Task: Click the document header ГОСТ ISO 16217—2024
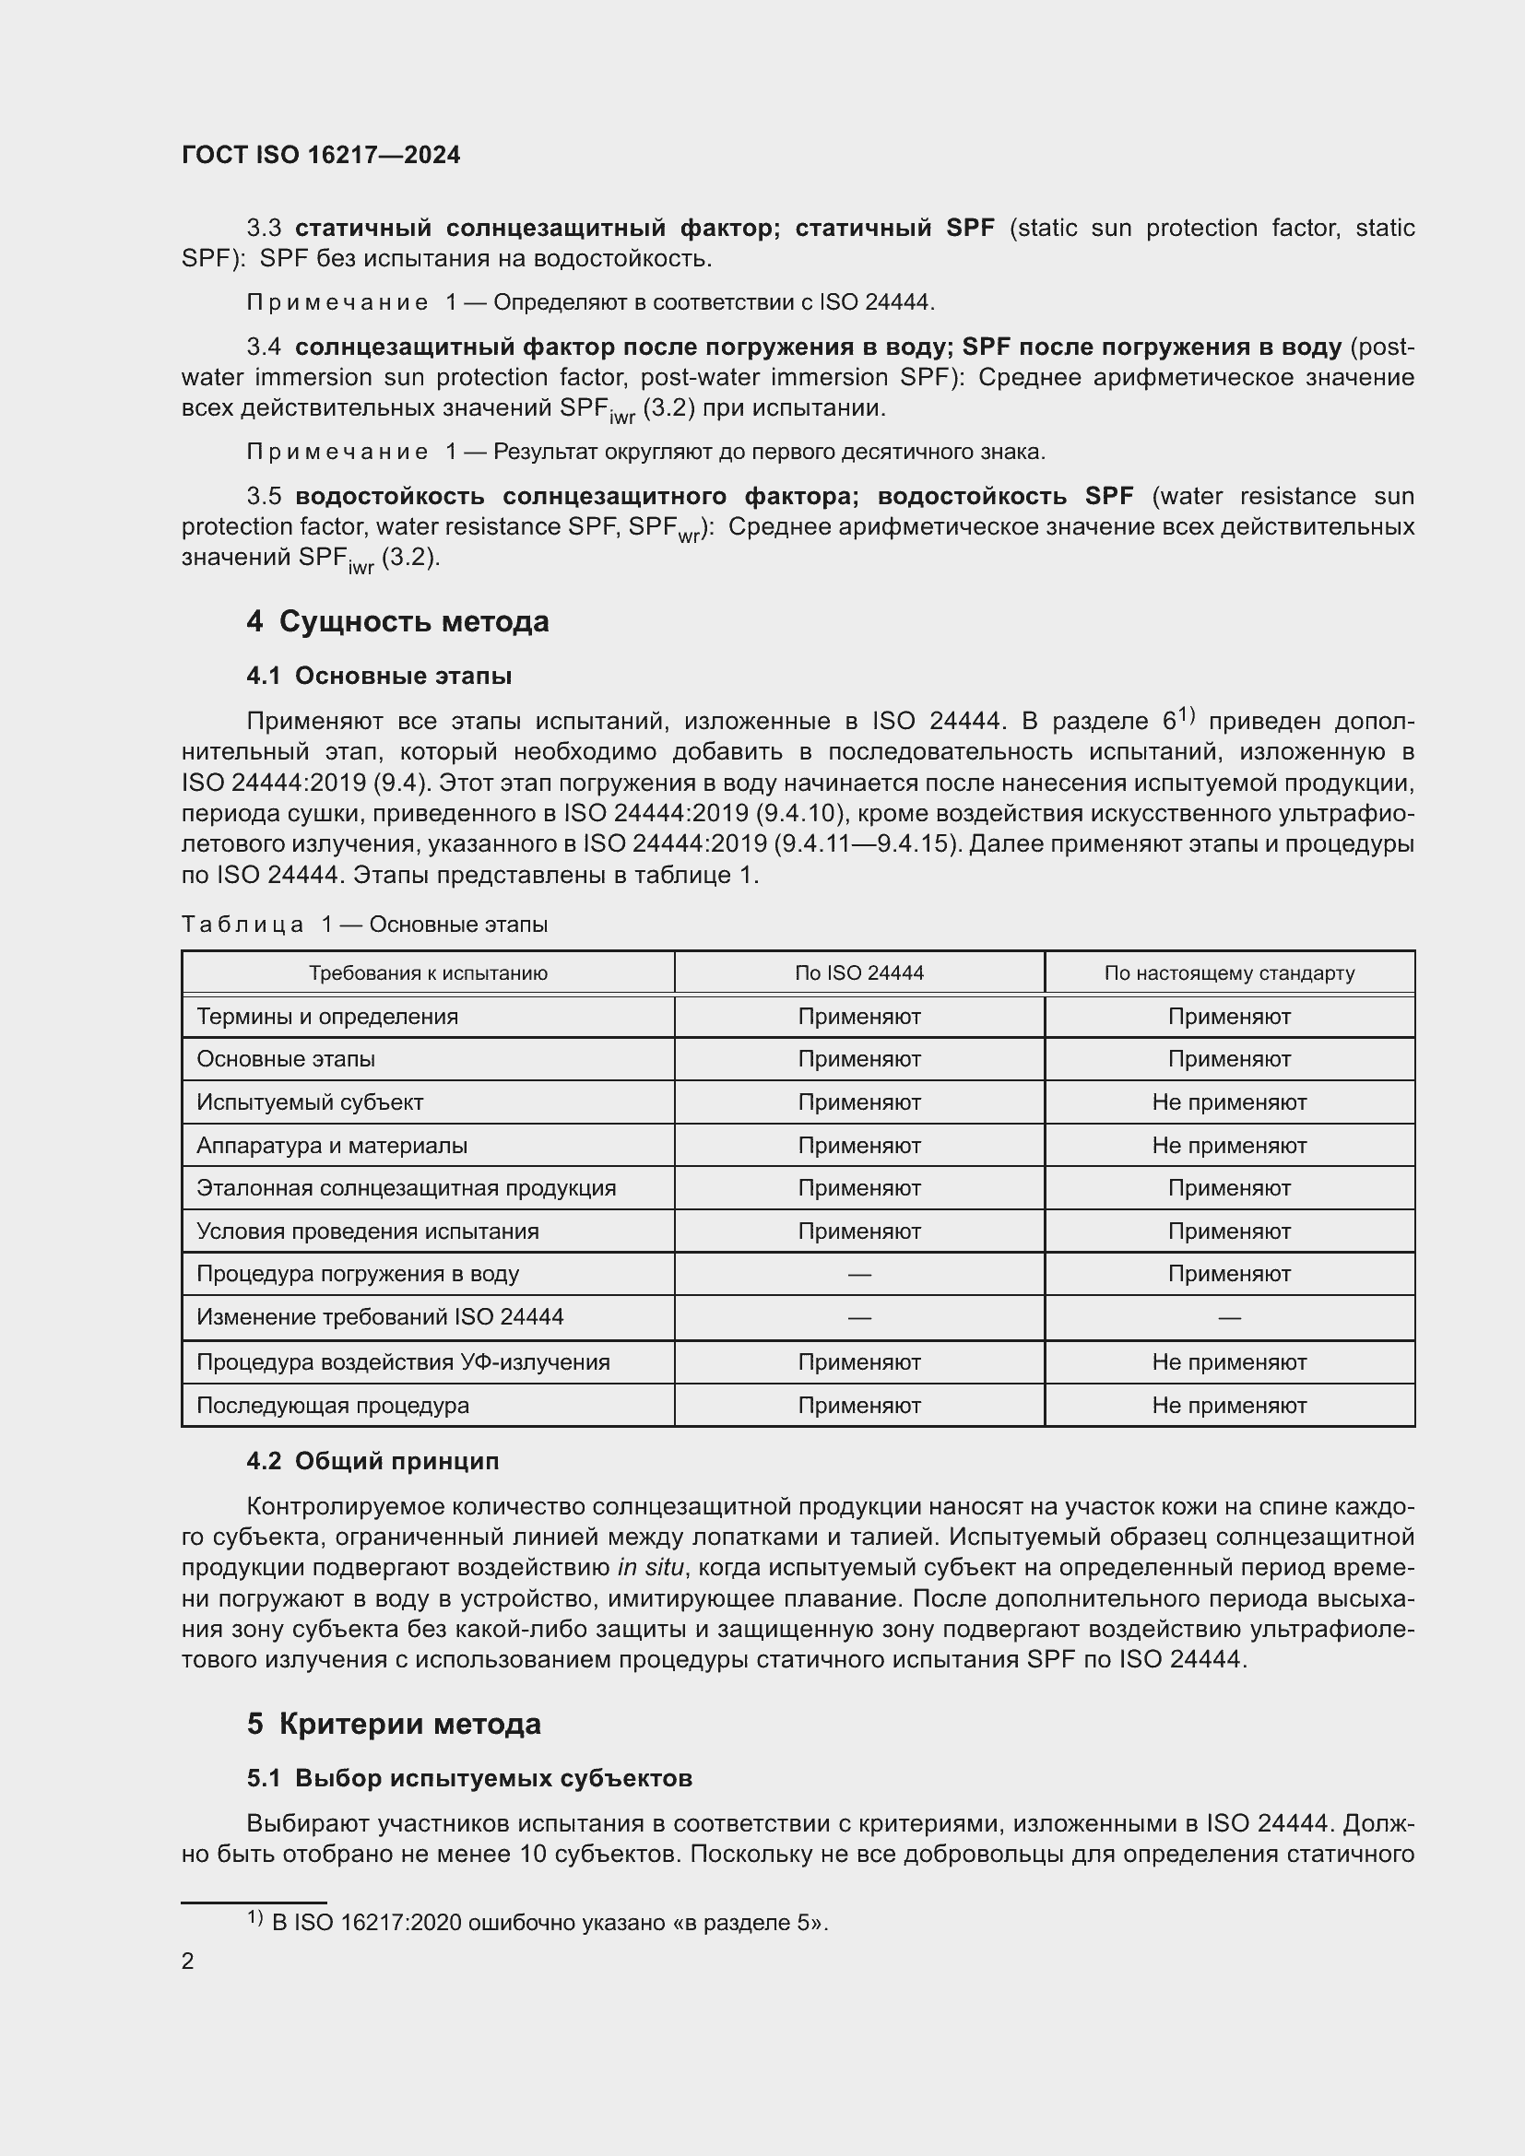tap(320, 155)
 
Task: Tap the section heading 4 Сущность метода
tap(397, 621)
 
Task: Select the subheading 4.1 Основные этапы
tap(378, 676)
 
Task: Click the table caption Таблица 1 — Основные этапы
tap(364, 924)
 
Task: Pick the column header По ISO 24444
tap(858, 972)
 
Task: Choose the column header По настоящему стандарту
tap(1228, 972)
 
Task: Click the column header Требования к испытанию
tap(427, 972)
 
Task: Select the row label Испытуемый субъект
tap(310, 1102)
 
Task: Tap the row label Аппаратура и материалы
tap(332, 1146)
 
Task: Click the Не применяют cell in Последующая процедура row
tap(1228, 1406)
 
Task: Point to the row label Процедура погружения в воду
tap(357, 1274)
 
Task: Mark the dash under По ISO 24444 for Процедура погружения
tap(858, 1274)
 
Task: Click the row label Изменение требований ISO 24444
tap(379, 1317)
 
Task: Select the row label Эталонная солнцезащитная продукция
tap(406, 1188)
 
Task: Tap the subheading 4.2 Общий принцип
tap(372, 1461)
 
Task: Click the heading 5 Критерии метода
tap(394, 1724)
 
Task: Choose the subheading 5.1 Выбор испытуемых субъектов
tap(469, 1778)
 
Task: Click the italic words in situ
tap(651, 1567)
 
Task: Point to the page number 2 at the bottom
tap(188, 1961)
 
